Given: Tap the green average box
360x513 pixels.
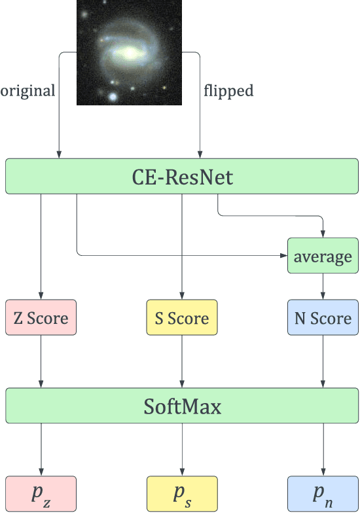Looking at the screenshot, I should pos(323,256).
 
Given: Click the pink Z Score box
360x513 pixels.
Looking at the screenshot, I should pos(41,318).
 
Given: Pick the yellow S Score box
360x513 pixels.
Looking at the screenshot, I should pos(181,318).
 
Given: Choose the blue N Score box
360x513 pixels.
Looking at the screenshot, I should pos(323,318).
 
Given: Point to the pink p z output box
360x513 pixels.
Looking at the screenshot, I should pos(41,493).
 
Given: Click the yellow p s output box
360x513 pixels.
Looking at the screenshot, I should pos(181,493).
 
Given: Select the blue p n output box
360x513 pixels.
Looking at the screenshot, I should pos(323,493).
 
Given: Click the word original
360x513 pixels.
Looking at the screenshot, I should pos(27,90).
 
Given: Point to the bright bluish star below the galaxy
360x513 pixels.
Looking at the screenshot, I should pos(114,97).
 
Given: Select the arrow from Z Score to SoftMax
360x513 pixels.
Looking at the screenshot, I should pos(41,363).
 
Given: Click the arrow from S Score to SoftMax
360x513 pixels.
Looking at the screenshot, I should pos(181,363).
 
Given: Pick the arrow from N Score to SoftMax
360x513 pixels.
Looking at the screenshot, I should pos(323,363).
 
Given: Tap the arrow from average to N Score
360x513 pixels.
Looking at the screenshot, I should pos(323,287).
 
